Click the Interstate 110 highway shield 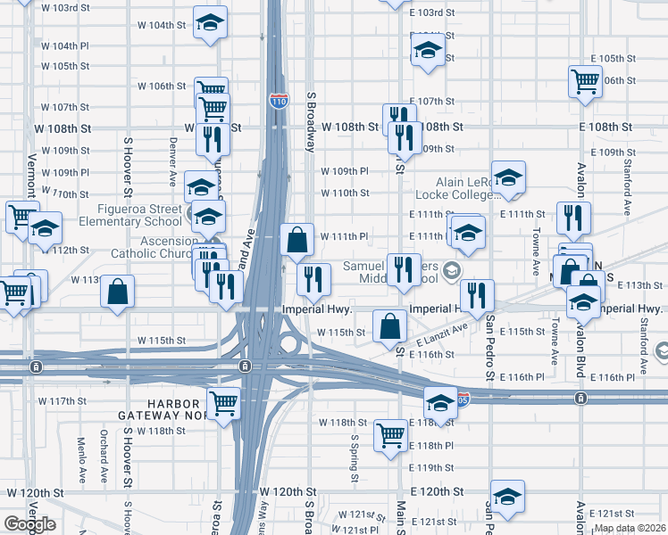click(x=279, y=101)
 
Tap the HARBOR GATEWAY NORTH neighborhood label click(x=169, y=409)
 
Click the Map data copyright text click(x=629, y=528)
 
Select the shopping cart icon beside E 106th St click(x=584, y=81)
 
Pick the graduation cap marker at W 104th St click(x=210, y=23)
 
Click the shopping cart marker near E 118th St click(x=390, y=436)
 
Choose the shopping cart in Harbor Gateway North click(x=223, y=404)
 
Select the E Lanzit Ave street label click(x=441, y=337)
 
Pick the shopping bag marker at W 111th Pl click(x=296, y=238)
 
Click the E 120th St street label click(x=438, y=491)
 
